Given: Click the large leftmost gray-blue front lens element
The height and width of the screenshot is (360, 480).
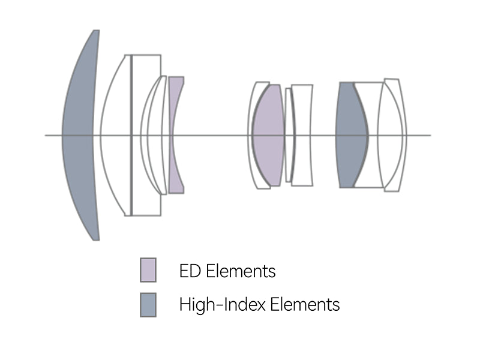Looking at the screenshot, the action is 80,134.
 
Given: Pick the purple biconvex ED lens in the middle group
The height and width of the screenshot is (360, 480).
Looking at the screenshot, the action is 268,134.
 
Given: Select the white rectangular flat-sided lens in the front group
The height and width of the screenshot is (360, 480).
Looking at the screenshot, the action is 146,134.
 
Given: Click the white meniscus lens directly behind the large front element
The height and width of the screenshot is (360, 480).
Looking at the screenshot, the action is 115,134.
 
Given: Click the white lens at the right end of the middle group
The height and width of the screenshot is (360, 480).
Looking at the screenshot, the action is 302,134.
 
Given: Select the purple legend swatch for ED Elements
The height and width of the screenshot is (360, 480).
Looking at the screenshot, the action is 148,269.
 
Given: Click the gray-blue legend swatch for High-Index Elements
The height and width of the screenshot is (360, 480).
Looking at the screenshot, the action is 148,305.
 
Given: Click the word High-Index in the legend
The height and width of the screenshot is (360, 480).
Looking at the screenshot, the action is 223,305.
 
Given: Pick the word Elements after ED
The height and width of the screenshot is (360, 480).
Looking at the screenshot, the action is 241,271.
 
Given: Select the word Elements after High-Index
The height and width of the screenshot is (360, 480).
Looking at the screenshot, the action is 305,305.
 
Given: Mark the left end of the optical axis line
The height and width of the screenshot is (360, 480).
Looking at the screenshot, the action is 46,135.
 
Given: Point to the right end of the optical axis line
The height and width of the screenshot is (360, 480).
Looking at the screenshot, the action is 431,135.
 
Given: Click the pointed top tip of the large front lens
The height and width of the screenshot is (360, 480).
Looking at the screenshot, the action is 96,31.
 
